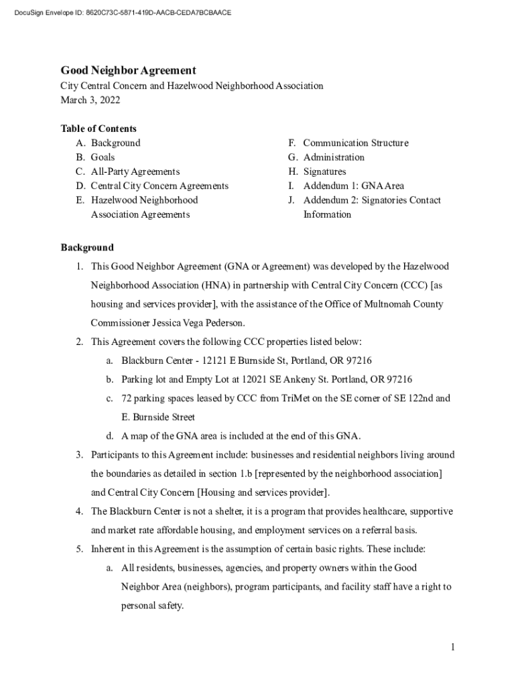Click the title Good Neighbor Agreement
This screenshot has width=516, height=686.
click(128, 70)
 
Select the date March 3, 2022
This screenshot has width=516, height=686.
click(90, 100)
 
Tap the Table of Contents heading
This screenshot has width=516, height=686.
click(99, 129)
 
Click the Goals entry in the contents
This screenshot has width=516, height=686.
click(103, 157)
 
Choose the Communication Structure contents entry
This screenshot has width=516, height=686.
click(355, 143)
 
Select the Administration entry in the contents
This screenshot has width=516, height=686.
click(334, 157)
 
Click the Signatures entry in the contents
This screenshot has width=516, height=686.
click(324, 171)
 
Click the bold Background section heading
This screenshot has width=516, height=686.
click(87, 247)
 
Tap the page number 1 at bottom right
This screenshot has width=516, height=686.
click(453, 647)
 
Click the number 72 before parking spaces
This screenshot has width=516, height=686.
click(127, 398)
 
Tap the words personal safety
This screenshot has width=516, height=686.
click(151, 606)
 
